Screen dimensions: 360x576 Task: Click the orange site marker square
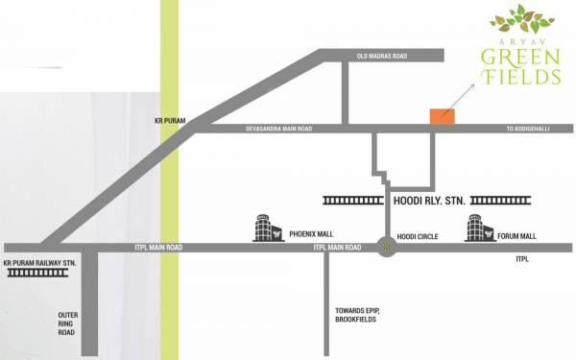click(443, 114)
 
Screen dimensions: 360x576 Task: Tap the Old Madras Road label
click(381, 57)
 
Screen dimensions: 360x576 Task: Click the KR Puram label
click(169, 122)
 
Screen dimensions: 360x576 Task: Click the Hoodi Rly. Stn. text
click(423, 203)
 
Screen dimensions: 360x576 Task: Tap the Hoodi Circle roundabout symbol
click(387, 246)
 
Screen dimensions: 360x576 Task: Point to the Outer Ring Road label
click(68, 323)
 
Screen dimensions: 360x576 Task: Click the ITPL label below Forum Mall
click(522, 259)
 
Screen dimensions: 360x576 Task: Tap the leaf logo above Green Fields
click(520, 17)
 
